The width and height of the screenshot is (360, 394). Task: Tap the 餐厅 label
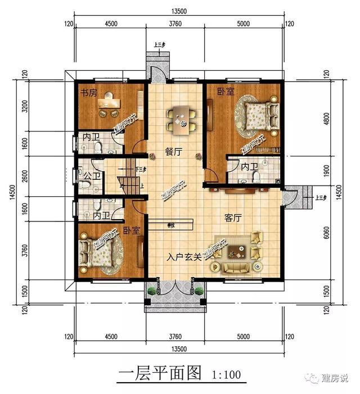point(173,151)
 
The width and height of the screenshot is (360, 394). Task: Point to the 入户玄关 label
point(184,257)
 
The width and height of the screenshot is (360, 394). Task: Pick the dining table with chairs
point(181,120)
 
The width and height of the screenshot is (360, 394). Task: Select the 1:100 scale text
point(227,375)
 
